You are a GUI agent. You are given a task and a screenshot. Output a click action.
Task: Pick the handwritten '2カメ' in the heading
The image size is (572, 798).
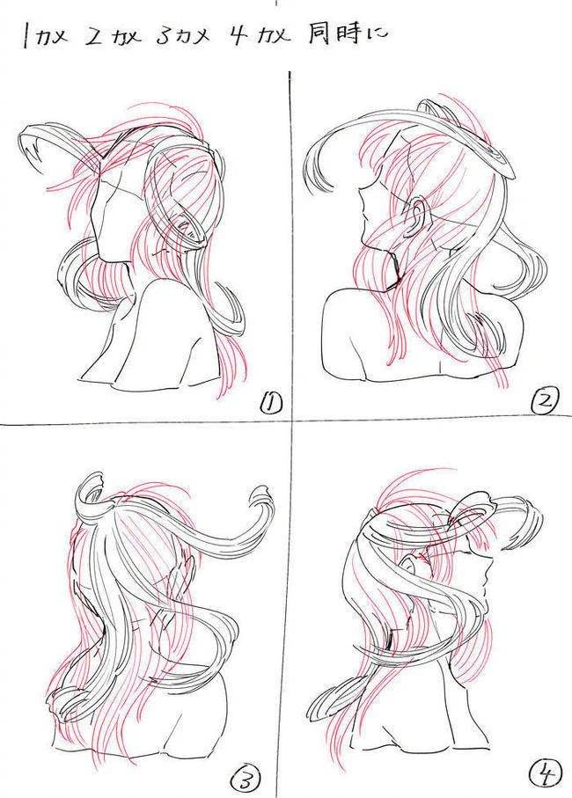point(113,38)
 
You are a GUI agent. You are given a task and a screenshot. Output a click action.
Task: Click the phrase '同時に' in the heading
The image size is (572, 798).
point(348,34)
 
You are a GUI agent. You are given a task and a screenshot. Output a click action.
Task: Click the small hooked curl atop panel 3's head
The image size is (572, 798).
point(92,488)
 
